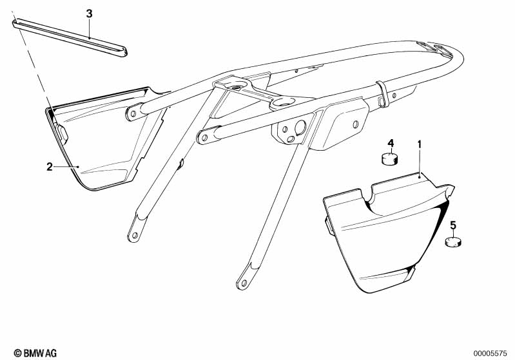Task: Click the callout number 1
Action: pyautogui.click(x=419, y=144)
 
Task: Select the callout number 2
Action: pyautogui.click(x=50, y=167)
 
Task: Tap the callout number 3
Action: pyautogui.click(x=90, y=14)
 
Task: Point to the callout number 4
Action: pyautogui.click(x=391, y=143)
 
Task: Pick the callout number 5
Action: pyautogui.click(x=453, y=225)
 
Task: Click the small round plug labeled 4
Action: pyautogui.click(x=389, y=158)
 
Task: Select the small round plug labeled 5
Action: pyautogui.click(x=453, y=242)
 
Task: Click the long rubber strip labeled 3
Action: pyautogui.click(x=70, y=38)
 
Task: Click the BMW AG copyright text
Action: pyautogui.click(x=35, y=353)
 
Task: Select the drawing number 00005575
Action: pyautogui.click(x=490, y=354)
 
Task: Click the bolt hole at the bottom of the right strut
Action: pyautogui.click(x=244, y=282)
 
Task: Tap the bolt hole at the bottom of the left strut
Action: pyautogui.click(x=134, y=235)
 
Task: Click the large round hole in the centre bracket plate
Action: pyautogui.click(x=300, y=127)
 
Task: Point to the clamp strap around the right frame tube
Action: pyautogui.click(x=383, y=95)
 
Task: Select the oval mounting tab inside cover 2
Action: pyautogui.click(x=62, y=132)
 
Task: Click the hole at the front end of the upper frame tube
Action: pyautogui.click(x=133, y=114)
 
